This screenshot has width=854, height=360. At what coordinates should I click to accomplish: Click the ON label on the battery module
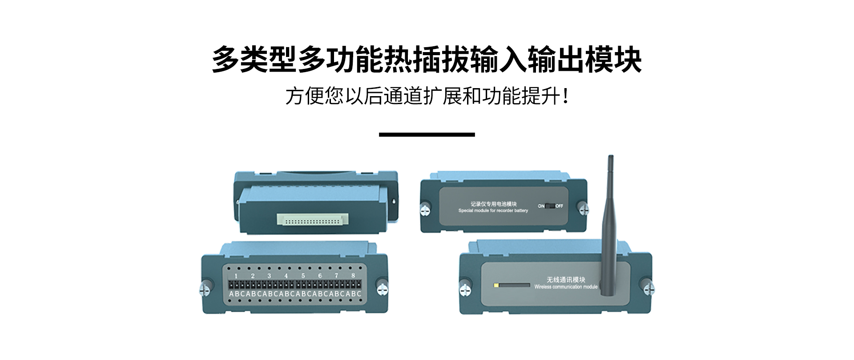coord(541,206)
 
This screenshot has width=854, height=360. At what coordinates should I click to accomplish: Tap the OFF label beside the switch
coord(559,206)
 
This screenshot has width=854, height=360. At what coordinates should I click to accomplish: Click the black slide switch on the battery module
coord(550,206)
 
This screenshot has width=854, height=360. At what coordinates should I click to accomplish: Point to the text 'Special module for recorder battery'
coord(493,210)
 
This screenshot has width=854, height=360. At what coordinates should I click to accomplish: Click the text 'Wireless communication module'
coord(566,287)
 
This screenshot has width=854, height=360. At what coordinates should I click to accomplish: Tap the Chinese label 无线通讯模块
coord(566,279)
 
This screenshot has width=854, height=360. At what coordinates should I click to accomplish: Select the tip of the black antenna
coord(611,157)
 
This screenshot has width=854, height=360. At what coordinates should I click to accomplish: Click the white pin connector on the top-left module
coord(312,219)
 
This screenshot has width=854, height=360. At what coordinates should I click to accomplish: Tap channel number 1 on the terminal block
coord(236,276)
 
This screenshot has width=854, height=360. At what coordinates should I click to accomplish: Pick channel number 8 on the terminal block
coord(353,276)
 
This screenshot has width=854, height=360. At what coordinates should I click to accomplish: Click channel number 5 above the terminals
coord(303,276)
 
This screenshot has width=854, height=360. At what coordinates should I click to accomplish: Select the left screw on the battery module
coord(425,208)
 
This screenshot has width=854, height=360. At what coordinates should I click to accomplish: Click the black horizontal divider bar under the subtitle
coord(427,134)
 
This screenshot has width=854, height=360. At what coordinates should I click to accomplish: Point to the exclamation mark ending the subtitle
coord(565,96)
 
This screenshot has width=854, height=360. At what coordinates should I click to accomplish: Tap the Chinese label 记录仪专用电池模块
coord(493,204)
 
